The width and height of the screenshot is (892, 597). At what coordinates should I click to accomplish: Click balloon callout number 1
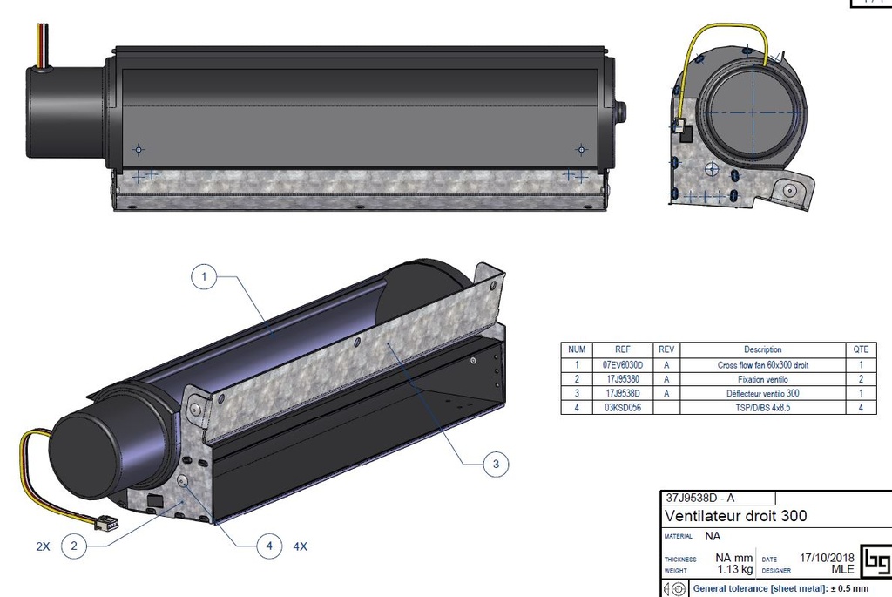point(203,278)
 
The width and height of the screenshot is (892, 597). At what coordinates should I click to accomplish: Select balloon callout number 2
point(75,546)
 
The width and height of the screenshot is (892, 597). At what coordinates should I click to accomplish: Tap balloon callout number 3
point(496,465)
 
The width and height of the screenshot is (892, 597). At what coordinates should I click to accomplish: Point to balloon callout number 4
point(269,546)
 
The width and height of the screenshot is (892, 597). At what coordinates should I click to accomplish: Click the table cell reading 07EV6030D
point(622,365)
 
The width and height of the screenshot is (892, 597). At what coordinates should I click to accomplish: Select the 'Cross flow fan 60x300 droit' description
point(762,365)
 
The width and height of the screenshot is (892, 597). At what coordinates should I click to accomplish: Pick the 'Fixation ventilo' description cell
point(762,379)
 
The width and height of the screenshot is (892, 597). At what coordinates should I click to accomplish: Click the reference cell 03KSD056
point(622,407)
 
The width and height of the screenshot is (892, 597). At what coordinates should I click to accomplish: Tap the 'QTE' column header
point(860,349)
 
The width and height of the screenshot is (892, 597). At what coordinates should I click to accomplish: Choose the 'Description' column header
point(762,349)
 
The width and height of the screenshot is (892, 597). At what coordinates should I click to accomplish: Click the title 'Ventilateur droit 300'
point(735,516)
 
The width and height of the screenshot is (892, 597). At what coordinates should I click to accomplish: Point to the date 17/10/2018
point(827,558)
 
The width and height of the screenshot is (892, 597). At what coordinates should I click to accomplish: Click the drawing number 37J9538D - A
point(699,499)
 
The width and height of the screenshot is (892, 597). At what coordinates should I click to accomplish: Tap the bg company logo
point(875,561)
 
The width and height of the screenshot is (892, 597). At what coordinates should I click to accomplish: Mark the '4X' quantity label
point(301,546)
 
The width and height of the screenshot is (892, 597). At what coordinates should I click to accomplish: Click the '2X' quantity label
point(43,546)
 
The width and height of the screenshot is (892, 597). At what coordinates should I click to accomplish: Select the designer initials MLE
point(842,570)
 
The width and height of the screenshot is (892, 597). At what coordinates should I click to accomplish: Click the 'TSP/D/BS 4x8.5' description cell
point(762,407)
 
